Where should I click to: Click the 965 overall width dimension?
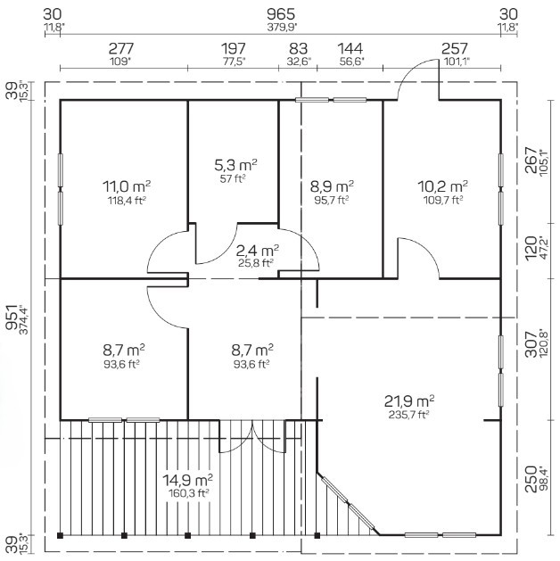[x=281, y=14]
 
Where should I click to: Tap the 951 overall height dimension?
[x=12, y=318]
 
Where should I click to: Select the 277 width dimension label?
[x=121, y=48]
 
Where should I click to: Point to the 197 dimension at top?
[x=234, y=48]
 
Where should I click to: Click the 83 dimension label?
[x=298, y=48]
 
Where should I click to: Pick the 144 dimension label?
[x=350, y=48]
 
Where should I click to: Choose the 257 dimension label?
[x=455, y=48]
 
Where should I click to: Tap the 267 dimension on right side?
[x=531, y=160]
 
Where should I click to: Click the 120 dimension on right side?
[x=531, y=248]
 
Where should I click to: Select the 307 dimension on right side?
[x=531, y=344]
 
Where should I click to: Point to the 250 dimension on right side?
[x=531, y=480]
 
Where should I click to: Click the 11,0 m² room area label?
[x=127, y=186]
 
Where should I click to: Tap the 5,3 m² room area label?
[x=235, y=165]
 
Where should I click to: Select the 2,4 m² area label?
[x=258, y=251]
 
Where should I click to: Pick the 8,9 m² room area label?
[x=332, y=186]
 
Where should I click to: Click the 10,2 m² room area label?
[x=442, y=186]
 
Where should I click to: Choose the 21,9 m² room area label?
[x=409, y=401]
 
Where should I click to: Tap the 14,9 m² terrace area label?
[x=188, y=480]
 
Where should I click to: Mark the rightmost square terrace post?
[x=317, y=536]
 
